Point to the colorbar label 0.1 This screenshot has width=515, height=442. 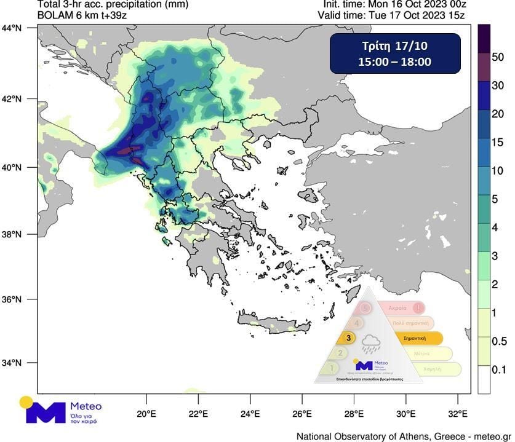coord(498,369)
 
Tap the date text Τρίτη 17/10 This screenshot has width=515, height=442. coord(395,47)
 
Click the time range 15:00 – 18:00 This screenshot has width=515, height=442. coord(395,61)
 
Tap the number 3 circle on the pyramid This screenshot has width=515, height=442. coord(349,337)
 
